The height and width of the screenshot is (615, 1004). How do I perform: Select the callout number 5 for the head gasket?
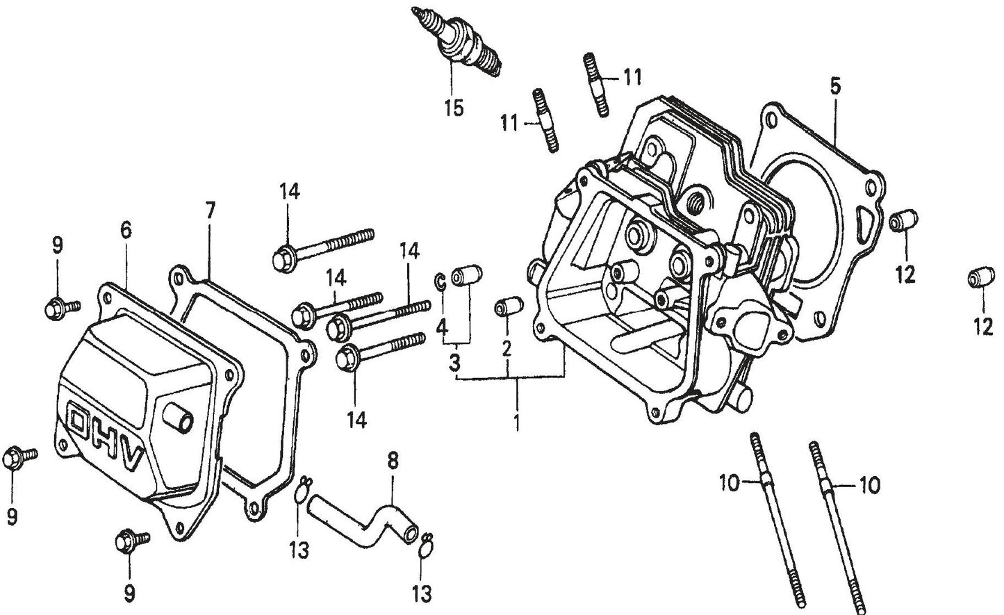click(x=835, y=87)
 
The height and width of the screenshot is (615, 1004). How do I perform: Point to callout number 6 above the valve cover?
click(x=126, y=230)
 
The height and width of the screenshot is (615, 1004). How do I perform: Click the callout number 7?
click(x=211, y=209)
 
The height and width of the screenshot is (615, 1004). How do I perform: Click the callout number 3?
click(x=454, y=362)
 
